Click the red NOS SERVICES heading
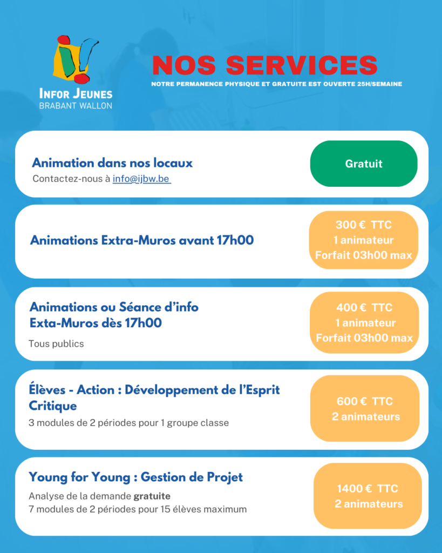click(264, 65)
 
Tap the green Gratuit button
click(364, 164)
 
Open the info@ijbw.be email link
click(141, 179)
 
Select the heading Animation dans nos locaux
click(112, 163)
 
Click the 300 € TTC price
click(364, 225)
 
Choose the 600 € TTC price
click(365, 401)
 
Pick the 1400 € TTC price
click(368, 489)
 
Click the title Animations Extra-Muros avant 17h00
click(142, 240)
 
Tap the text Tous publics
click(56, 343)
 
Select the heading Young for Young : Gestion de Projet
click(136, 477)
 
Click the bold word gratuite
click(152, 496)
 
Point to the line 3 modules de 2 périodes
click(128, 423)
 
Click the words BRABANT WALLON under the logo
click(76, 106)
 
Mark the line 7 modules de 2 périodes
click(138, 509)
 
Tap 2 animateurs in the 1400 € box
click(369, 504)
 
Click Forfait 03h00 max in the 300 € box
click(364, 255)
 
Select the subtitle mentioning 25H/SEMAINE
click(276, 84)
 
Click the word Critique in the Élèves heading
click(53, 406)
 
